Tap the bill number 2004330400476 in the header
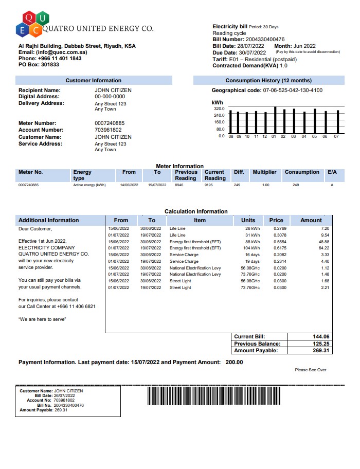265,40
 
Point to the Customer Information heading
94,81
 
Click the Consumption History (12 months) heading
268,81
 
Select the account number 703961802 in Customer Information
109,130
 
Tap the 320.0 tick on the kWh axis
219,109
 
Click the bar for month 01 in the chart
276,120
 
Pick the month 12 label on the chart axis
264,136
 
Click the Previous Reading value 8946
179,185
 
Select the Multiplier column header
264,172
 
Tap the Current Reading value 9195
208,185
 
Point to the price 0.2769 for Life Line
280,228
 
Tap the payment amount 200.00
235,363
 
